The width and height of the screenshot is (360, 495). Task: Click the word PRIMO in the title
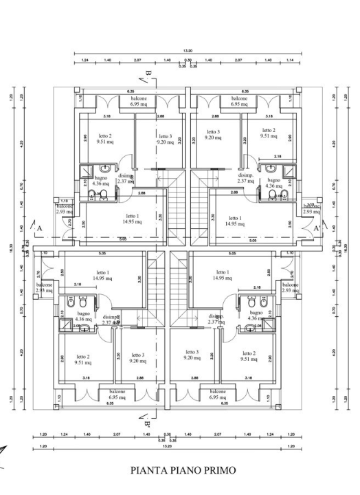[x=216, y=470]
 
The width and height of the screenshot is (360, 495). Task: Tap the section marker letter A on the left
[x=40, y=228]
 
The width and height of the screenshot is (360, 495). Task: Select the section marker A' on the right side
[x=317, y=228]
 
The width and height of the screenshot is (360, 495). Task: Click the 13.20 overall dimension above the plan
[x=188, y=51]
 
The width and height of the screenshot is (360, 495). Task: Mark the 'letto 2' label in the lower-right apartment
[x=249, y=356]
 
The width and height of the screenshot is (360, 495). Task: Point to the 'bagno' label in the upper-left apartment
[x=100, y=178]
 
